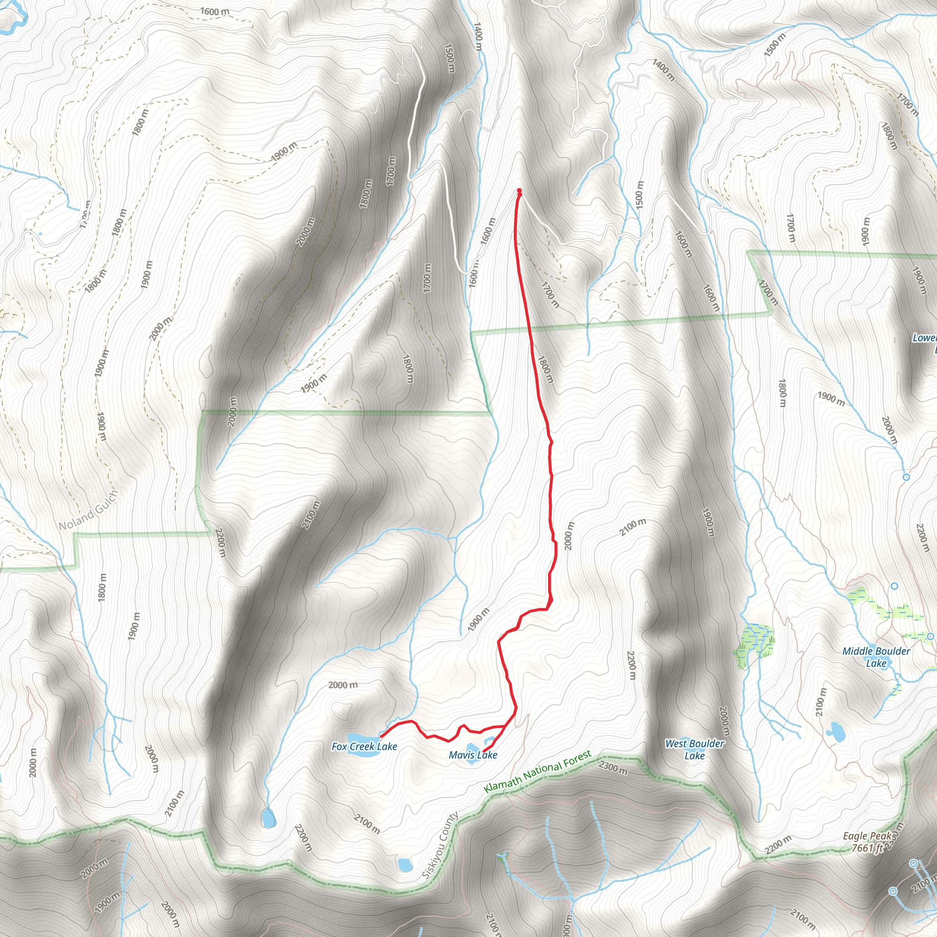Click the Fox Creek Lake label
coord(364,746)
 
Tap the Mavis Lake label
coord(473,754)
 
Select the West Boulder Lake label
coord(695,749)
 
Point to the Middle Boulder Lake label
coord(876,657)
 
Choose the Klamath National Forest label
coord(538,771)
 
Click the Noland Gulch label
coord(88,510)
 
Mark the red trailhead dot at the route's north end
coord(519,191)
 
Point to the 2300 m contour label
coord(613,768)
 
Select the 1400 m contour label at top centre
coord(478,37)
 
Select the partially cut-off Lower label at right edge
coord(924,338)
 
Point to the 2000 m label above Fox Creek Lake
coord(343,685)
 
